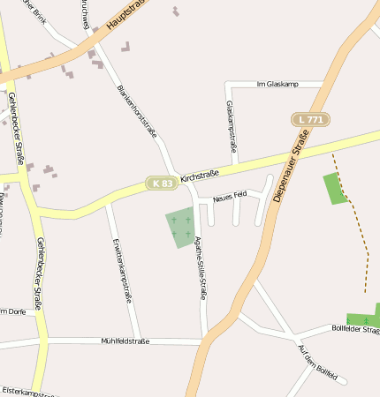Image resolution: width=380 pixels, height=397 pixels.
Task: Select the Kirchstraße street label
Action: point(199,176)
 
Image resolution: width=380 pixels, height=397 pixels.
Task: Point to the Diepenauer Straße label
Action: point(292,167)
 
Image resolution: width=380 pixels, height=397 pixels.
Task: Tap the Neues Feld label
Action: point(229,196)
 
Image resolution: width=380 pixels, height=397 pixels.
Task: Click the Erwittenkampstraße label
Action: point(121,270)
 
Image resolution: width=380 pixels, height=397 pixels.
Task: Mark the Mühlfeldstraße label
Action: point(125,341)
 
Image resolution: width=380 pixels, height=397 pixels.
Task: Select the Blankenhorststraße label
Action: point(137,111)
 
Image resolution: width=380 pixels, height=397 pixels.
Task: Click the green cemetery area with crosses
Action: point(179,227)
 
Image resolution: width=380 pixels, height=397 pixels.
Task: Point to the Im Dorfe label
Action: point(11,311)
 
